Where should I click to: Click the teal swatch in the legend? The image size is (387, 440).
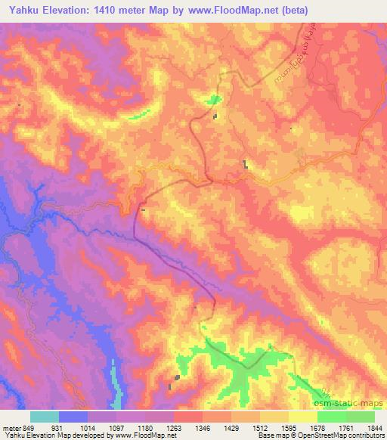[x=45, y=417]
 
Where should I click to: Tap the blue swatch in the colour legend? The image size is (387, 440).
[x=73, y=417]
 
